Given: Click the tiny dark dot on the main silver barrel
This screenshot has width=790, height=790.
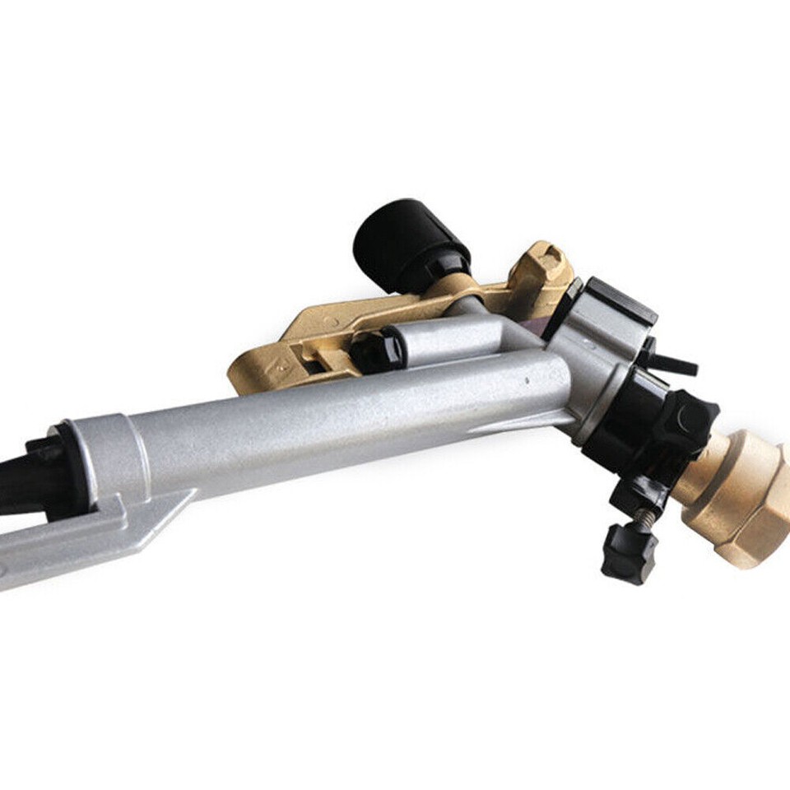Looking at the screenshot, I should click(x=527, y=380).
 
